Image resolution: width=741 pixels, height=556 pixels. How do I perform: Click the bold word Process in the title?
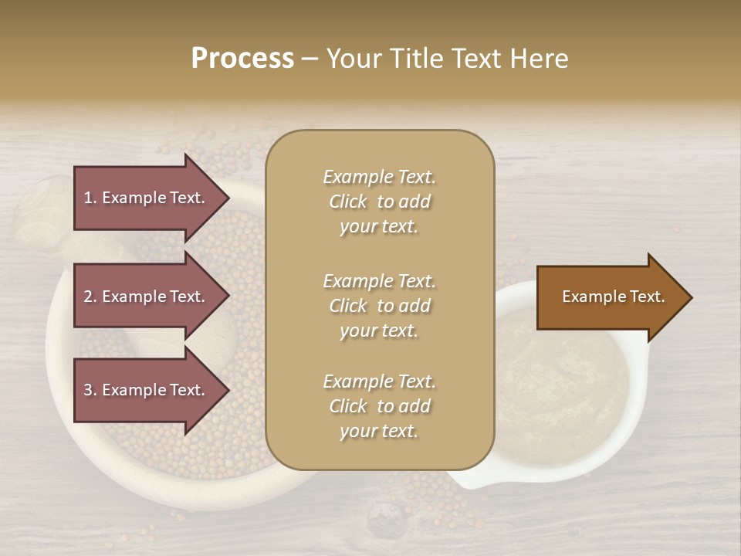tap(242, 59)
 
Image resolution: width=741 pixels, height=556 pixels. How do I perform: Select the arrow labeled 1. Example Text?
tap(147, 198)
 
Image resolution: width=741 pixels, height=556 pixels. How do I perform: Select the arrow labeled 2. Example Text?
tap(147, 297)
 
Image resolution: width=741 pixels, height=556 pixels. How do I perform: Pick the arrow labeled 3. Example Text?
tap(147, 390)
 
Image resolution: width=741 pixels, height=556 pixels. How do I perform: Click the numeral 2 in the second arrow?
tap(88, 297)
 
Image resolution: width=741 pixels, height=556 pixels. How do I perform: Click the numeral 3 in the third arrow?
tap(88, 390)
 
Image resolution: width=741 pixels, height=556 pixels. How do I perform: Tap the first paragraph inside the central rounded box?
tap(379, 202)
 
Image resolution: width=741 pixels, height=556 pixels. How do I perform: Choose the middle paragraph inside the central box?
tap(379, 306)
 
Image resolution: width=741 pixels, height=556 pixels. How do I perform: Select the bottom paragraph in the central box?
tap(379, 406)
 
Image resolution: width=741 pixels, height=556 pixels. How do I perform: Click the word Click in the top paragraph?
tap(348, 202)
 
